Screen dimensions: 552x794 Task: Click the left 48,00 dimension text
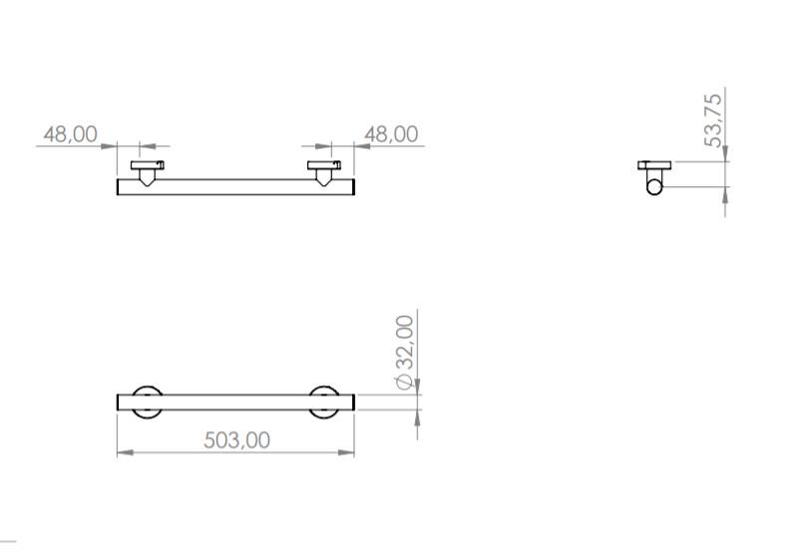click(70, 134)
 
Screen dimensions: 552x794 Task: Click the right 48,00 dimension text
click(391, 134)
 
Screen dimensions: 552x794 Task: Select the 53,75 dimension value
click(714, 120)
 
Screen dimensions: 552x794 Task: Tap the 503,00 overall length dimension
click(236, 439)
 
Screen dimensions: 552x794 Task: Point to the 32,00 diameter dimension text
click(404, 345)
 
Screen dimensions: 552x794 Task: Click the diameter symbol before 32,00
click(404, 381)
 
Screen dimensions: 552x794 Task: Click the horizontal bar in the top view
click(235, 187)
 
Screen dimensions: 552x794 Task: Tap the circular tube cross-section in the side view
click(654, 186)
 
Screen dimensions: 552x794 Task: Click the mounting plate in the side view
click(654, 164)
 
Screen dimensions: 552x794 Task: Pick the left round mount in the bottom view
click(148, 403)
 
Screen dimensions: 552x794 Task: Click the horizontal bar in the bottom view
click(235, 403)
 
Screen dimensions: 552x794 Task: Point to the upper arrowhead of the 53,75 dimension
click(725, 154)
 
